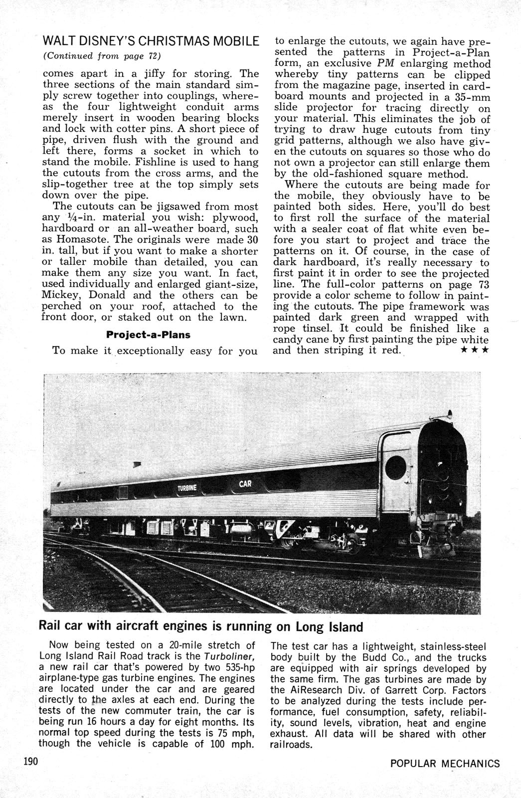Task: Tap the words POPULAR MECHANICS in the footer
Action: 445,764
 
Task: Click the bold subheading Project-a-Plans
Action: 148,334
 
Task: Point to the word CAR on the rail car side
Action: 245,483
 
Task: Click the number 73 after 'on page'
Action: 481,284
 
